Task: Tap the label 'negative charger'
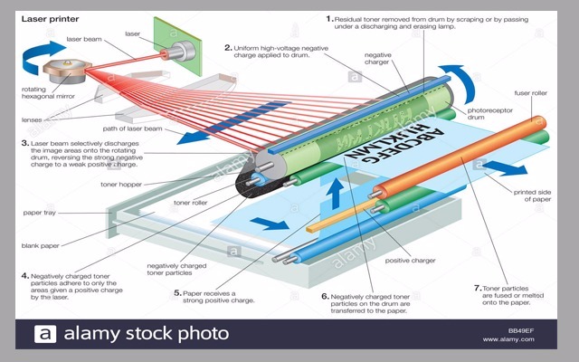click(x=377, y=58)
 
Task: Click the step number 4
click(x=24, y=275)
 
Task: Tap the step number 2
click(x=228, y=46)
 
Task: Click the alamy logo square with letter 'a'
click(x=45, y=334)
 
